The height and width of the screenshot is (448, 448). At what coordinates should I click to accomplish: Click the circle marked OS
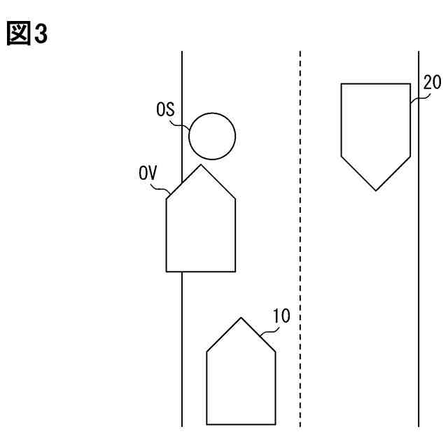click(212, 135)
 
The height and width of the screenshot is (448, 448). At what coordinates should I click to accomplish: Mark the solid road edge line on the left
click(183, 336)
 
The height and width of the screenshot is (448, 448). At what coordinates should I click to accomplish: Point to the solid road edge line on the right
click(419, 280)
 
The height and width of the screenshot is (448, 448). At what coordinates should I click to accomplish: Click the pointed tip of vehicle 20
click(376, 190)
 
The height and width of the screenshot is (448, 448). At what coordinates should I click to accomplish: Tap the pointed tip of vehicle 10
click(241, 318)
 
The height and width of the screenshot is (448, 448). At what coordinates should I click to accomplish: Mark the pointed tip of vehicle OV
click(202, 165)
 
